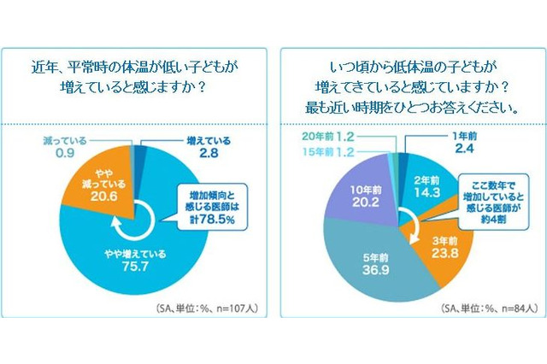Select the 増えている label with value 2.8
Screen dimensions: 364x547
209,146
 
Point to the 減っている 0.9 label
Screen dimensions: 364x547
67,147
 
